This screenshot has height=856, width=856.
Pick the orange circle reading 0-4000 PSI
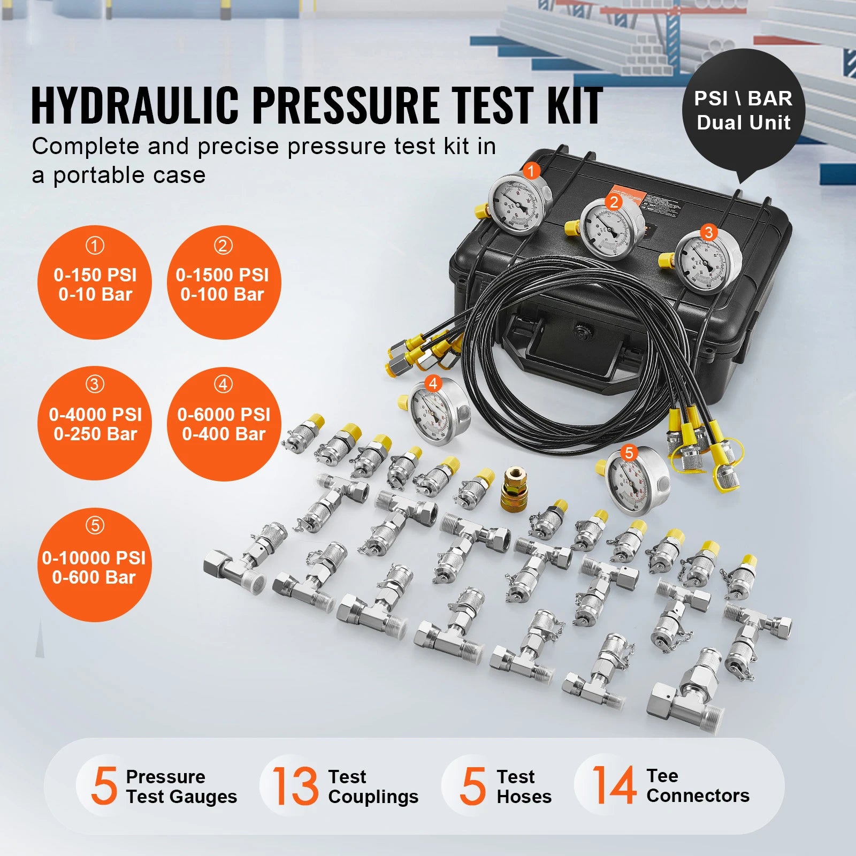coord(95,423)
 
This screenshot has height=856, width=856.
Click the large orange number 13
coord(295,785)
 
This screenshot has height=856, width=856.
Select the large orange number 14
coord(614,785)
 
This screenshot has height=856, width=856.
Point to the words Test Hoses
coord(523,786)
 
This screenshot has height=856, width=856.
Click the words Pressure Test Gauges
coord(181,786)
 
